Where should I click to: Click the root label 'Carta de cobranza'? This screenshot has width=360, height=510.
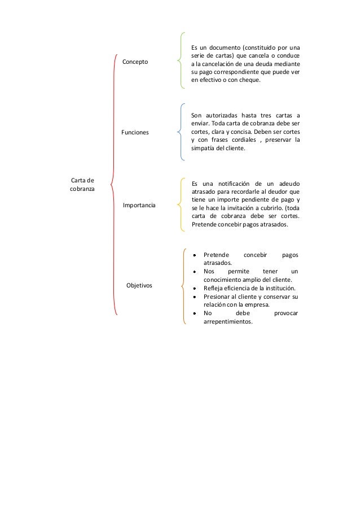(82, 185)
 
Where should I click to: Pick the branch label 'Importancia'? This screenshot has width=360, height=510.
(139, 205)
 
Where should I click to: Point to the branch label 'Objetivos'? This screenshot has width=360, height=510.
(139, 286)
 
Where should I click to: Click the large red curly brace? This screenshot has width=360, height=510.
(113, 185)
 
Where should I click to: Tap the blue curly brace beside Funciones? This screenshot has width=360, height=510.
(180, 132)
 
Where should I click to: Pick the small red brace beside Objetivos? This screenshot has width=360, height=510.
(184, 286)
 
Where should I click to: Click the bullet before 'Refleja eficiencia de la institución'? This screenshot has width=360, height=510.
(194, 287)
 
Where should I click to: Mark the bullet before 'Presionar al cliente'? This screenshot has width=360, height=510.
(194, 297)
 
